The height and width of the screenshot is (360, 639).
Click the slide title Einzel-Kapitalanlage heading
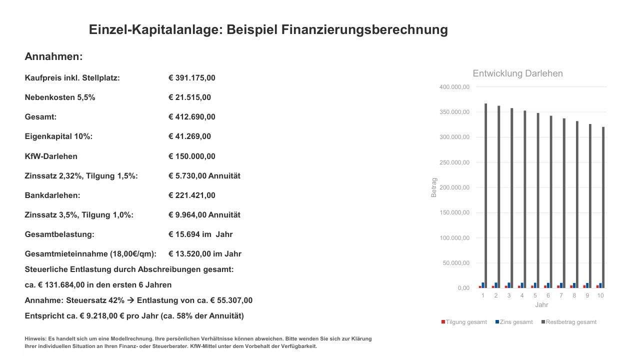click(x=268, y=29)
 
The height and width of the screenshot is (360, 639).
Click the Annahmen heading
click(x=53, y=56)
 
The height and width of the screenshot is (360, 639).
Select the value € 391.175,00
click(x=192, y=78)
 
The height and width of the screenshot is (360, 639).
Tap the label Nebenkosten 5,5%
click(x=60, y=97)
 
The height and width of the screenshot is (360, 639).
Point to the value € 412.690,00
click(x=192, y=117)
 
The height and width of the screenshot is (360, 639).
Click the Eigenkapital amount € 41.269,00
click(x=190, y=136)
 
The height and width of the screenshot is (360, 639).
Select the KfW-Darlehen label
click(x=51, y=156)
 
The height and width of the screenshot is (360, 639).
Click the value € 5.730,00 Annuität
click(x=204, y=176)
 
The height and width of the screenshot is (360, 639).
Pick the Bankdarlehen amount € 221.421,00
click(x=192, y=195)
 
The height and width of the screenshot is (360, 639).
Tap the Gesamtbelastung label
click(x=59, y=234)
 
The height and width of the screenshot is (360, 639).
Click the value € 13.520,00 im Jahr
click(x=205, y=254)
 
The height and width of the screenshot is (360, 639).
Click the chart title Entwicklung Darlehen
click(x=517, y=73)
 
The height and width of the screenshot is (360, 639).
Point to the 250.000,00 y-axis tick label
click(x=454, y=162)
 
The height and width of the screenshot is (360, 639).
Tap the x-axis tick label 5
click(x=535, y=295)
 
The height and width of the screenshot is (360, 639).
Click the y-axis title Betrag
click(x=433, y=187)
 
